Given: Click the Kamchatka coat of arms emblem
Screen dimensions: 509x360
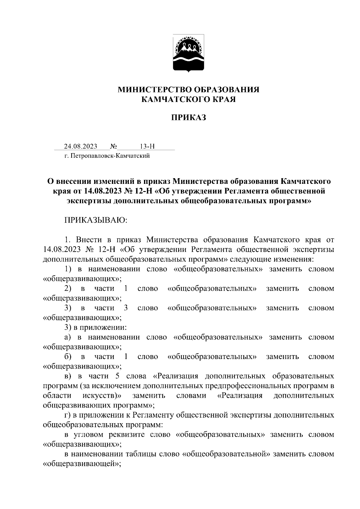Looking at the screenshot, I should [188, 53].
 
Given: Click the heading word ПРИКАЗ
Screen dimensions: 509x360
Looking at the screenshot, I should [188, 118].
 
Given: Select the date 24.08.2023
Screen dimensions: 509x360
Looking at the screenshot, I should [80, 146].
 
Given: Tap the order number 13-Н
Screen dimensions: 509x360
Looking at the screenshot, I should [147, 146].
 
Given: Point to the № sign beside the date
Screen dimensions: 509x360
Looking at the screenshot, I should [113, 146].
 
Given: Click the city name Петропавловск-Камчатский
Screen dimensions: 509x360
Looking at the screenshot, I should [110, 156].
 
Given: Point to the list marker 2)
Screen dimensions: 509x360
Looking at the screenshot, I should [68, 289].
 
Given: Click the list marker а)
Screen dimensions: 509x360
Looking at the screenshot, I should [67, 337].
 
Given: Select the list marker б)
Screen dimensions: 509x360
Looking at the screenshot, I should [68, 357].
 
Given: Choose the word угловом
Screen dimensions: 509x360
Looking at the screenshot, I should [91, 435].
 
